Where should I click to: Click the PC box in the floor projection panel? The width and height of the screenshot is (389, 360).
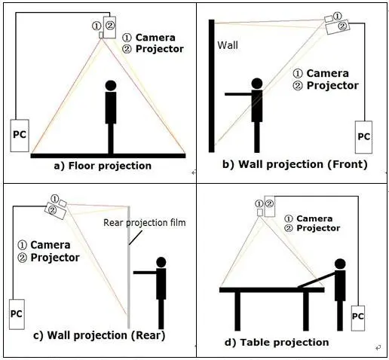coord(20,136)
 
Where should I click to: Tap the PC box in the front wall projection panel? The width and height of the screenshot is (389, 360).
coord(363,137)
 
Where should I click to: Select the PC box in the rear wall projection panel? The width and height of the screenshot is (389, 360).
coord(17,314)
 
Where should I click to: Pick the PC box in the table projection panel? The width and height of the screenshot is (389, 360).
coord(358,318)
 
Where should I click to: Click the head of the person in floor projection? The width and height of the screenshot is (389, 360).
coord(111,85)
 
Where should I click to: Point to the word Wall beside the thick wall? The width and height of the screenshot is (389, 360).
coord(228,45)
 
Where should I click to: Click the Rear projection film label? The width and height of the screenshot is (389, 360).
coord(145,223)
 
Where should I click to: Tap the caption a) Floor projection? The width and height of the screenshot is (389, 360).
coord(103,166)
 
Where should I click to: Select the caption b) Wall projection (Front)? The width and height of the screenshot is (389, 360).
coord(295,164)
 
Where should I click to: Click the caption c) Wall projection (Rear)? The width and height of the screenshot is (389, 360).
coord(100,335)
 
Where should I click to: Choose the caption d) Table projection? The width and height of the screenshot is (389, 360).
coord(277,343)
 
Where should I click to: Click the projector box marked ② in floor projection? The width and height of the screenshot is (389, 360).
coord(109,27)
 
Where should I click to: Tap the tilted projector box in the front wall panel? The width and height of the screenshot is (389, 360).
coord(338,26)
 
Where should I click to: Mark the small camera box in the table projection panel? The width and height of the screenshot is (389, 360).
coord(260,212)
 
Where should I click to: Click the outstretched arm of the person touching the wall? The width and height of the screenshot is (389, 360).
coord(238,94)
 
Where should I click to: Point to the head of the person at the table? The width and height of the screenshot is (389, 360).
coord(340,264)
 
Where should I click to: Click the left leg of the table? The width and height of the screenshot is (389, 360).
coord(237,311)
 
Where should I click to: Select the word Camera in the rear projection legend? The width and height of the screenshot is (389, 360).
coord(51,245)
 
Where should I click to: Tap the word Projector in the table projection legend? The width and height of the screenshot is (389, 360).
coord(318,228)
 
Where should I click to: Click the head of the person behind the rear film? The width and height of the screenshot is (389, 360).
coord(161,262)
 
